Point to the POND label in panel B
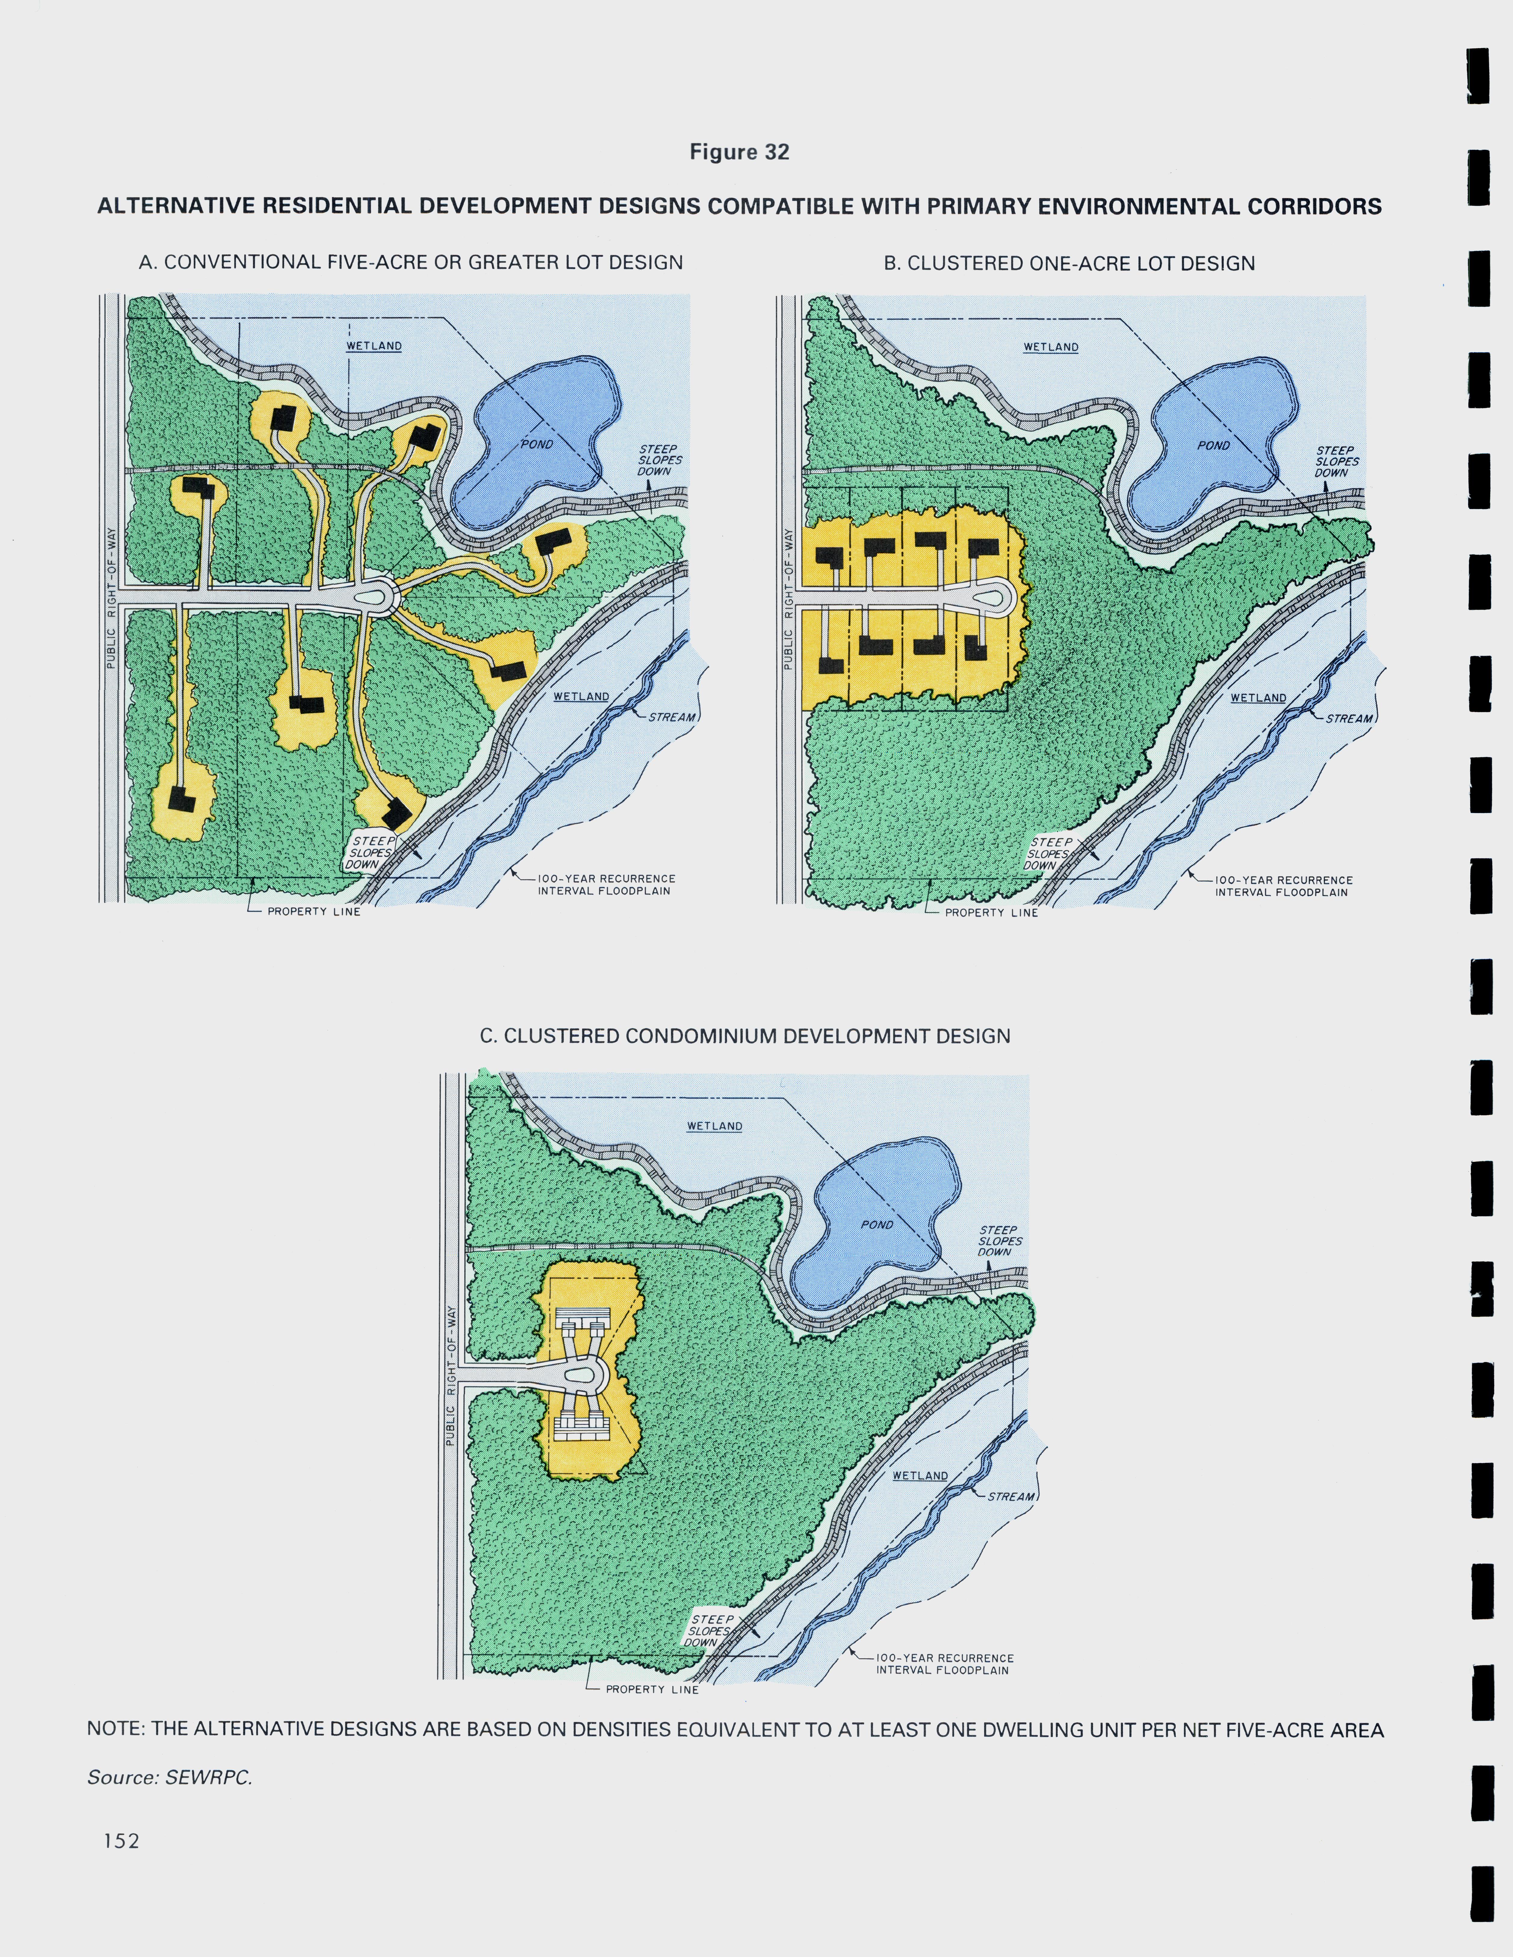[1214, 445]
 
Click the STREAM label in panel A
[672, 717]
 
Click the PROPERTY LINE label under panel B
[991, 912]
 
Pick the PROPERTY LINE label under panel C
[651, 1689]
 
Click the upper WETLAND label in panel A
[374, 346]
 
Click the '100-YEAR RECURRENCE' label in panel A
[607, 879]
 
